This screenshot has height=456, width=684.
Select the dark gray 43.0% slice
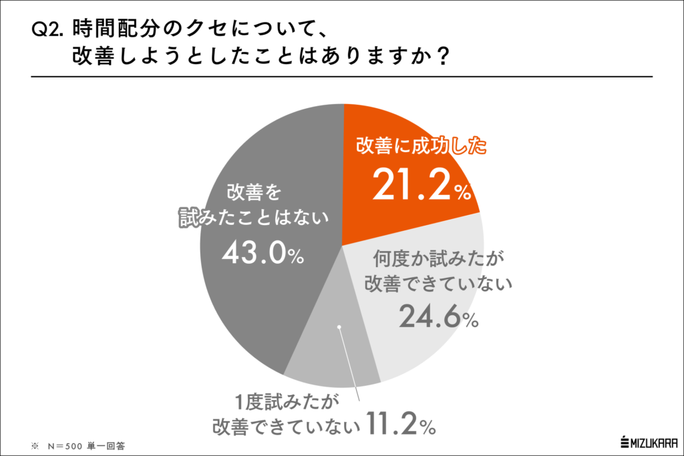point(267,300)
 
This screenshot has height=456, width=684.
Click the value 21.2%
point(421,185)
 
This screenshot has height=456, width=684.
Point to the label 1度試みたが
point(285,401)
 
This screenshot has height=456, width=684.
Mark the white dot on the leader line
point(339,327)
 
